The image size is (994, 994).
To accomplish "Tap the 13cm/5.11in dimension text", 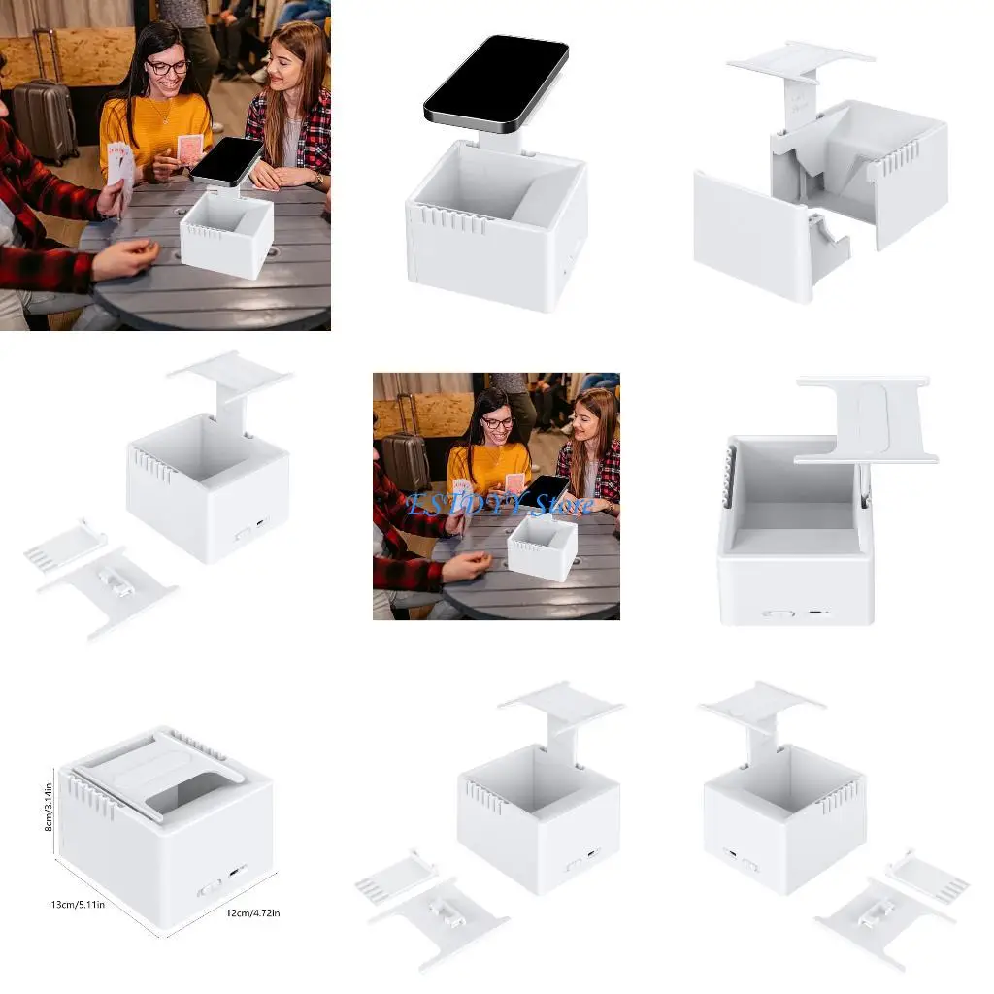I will point(78,905).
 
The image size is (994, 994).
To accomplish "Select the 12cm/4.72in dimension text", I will point(253,912).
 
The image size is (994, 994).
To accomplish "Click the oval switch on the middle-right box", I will point(778,613).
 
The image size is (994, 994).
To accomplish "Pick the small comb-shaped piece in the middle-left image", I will point(64,545).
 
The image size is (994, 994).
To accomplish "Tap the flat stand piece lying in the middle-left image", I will point(107,590).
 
